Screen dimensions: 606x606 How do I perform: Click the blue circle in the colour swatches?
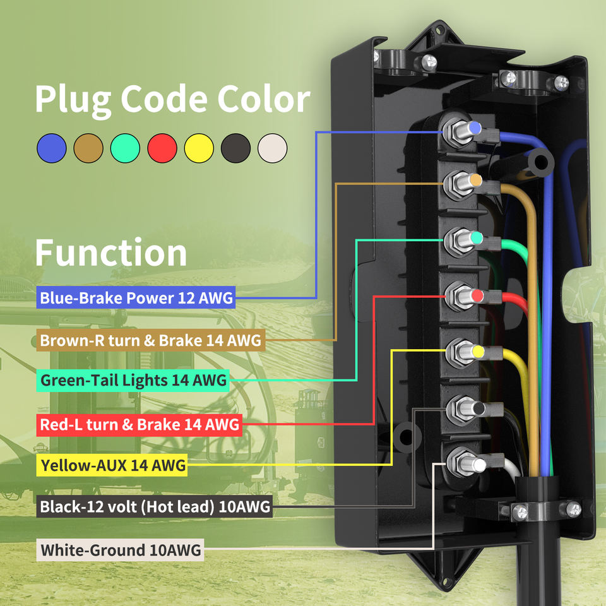(x=52, y=149)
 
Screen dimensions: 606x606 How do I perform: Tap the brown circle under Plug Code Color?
(x=88, y=149)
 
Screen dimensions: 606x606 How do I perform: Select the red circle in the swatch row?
(x=162, y=149)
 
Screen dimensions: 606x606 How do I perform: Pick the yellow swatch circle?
(x=199, y=149)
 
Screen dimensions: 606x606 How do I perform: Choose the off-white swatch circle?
(x=273, y=149)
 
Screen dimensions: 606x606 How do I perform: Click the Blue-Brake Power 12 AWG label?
(x=136, y=297)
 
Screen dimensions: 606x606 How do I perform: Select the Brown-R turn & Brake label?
(x=150, y=341)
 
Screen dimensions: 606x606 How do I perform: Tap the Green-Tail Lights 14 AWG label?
(x=133, y=381)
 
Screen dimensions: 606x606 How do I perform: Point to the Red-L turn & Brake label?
(x=139, y=424)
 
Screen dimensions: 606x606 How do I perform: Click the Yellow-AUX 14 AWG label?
(x=113, y=466)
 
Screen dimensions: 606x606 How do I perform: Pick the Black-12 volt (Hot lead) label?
(x=155, y=506)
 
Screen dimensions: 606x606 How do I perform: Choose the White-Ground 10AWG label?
(x=121, y=550)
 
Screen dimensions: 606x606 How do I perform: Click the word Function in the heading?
(x=111, y=252)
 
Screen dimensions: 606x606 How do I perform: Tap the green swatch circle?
(x=125, y=149)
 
